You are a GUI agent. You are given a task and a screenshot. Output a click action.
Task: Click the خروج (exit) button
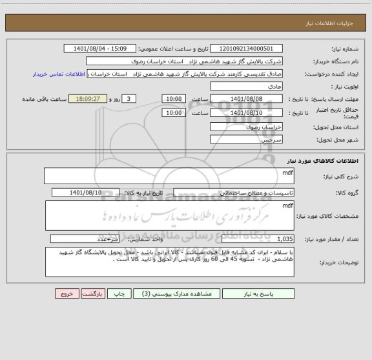coord(67,293)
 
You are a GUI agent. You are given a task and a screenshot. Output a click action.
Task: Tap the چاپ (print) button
coord(120,293)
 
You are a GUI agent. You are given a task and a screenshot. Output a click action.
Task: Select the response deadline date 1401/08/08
coord(246,98)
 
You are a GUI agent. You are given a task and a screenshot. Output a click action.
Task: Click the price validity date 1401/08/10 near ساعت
coord(246,112)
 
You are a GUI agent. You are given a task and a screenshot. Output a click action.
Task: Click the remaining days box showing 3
coord(130,98)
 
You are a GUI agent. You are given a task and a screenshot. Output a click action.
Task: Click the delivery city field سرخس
coord(246,140)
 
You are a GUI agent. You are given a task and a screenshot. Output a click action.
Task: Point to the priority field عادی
coord(246,86)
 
